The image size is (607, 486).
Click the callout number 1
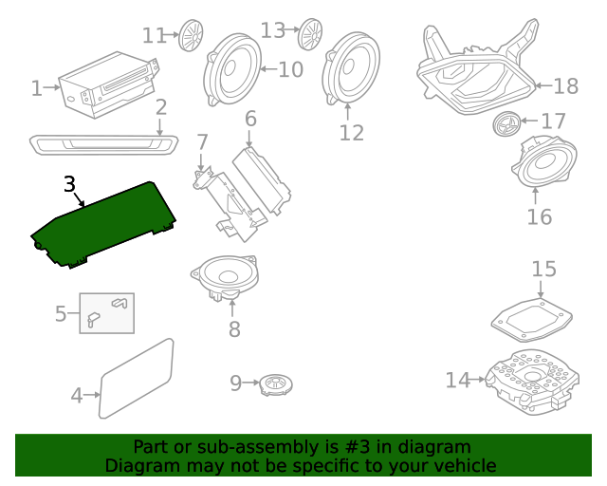click(x=37, y=89)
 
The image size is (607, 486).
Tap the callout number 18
click(x=565, y=86)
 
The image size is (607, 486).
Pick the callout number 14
click(x=458, y=380)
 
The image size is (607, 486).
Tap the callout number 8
click(x=234, y=330)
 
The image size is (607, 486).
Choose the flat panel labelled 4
click(x=137, y=378)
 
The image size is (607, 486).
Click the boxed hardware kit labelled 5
click(x=106, y=312)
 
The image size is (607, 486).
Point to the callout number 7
click(x=202, y=143)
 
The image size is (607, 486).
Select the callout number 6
click(x=250, y=120)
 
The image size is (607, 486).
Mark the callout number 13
click(x=273, y=31)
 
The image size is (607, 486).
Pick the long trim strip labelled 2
click(x=103, y=144)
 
